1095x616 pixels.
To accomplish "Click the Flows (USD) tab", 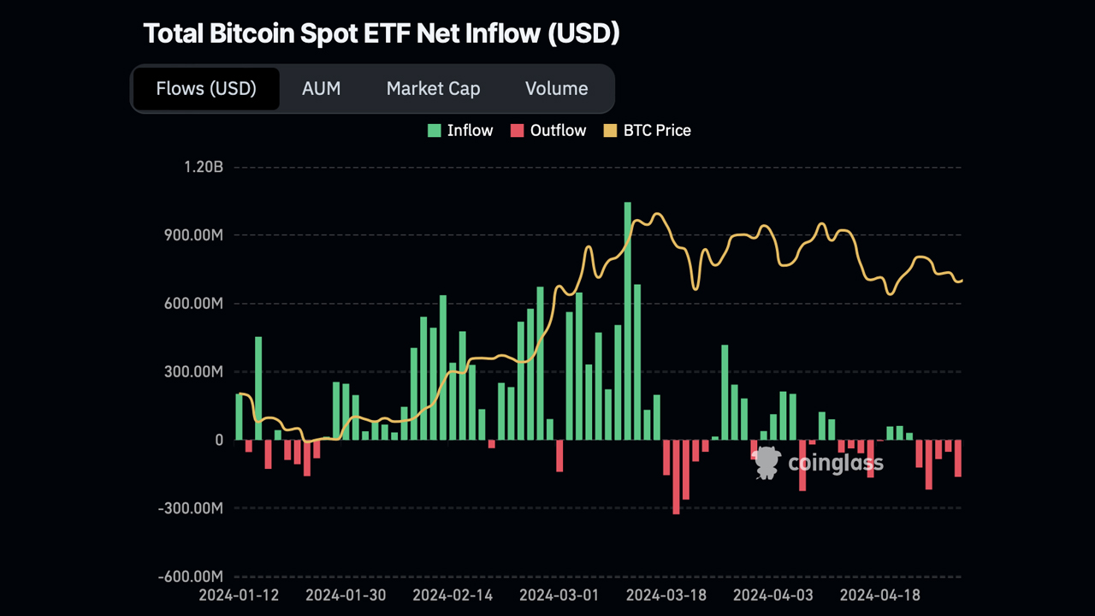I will tap(206, 89).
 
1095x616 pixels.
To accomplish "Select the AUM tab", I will tap(321, 89).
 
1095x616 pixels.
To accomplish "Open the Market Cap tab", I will tap(433, 89).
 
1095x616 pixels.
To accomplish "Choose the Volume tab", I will tap(556, 89).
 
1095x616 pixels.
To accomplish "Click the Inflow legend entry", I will tap(460, 131).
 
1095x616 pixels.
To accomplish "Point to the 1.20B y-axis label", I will tap(203, 167).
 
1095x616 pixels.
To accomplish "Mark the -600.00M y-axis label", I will tap(190, 577).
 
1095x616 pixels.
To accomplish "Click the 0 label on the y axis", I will tap(218, 440).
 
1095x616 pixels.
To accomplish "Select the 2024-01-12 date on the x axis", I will tap(240, 594).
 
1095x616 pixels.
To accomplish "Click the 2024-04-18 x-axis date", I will tap(880, 594).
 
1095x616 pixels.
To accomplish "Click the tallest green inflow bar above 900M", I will tap(627, 321).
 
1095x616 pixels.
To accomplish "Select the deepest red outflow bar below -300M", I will tap(676, 477).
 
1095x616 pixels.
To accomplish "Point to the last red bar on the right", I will tap(958, 458).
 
